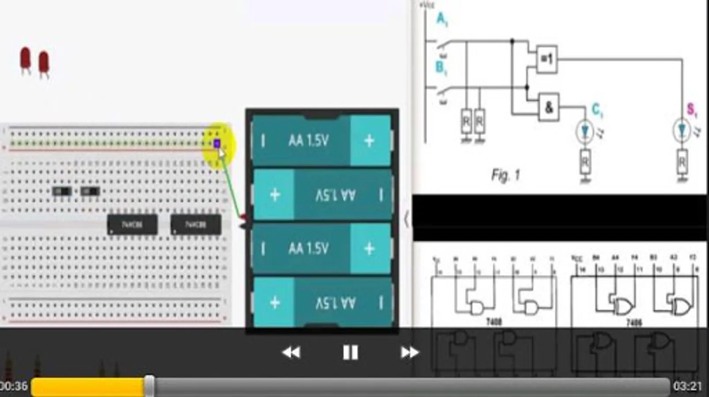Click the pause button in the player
tap(350, 352)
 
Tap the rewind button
tap(291, 352)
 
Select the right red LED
tap(44, 63)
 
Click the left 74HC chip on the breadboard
tap(132, 225)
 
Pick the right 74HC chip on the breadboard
tap(196, 225)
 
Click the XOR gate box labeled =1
tap(547, 59)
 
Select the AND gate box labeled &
tap(549, 107)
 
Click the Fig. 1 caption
tap(505, 175)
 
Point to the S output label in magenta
tap(691, 109)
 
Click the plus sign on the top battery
tap(369, 141)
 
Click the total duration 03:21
tap(687, 386)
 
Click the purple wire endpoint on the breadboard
tap(217, 144)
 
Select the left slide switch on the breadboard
tap(62, 191)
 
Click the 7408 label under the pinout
tap(494, 322)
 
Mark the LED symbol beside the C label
tap(585, 131)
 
